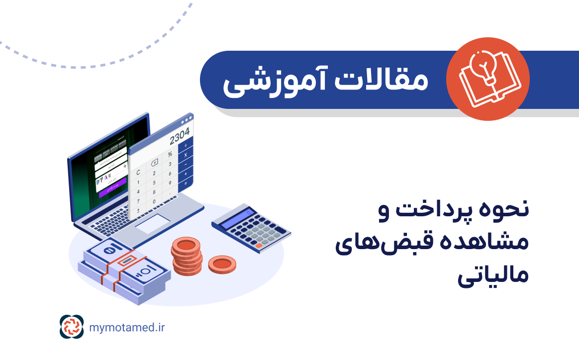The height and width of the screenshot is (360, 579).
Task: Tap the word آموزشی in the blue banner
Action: (271, 81)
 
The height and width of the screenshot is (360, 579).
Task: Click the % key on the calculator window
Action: (170, 154)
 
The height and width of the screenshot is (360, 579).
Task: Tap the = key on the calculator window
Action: (186, 184)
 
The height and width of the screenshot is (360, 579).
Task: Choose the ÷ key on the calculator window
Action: (186, 145)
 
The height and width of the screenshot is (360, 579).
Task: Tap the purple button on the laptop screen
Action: (112, 192)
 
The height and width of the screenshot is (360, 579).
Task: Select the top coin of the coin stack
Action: (187, 245)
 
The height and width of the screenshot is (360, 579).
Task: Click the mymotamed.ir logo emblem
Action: (70, 327)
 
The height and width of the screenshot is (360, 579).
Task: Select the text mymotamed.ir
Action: (127, 327)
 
